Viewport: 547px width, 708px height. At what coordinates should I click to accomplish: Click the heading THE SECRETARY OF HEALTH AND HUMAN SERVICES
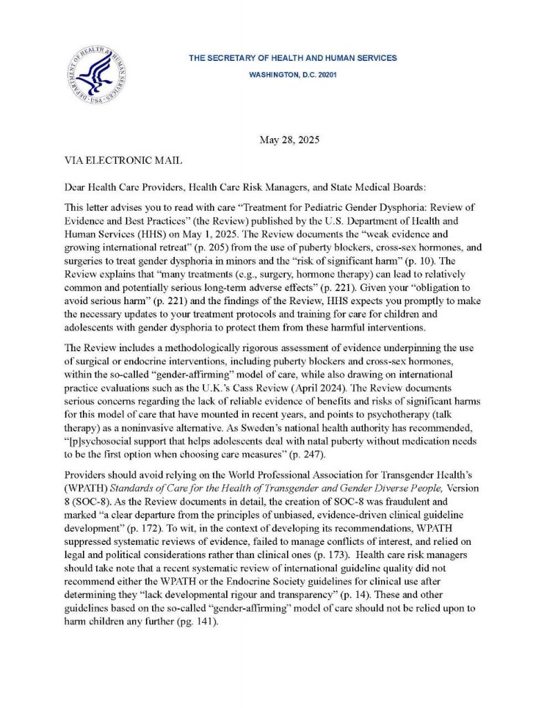(x=293, y=58)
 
